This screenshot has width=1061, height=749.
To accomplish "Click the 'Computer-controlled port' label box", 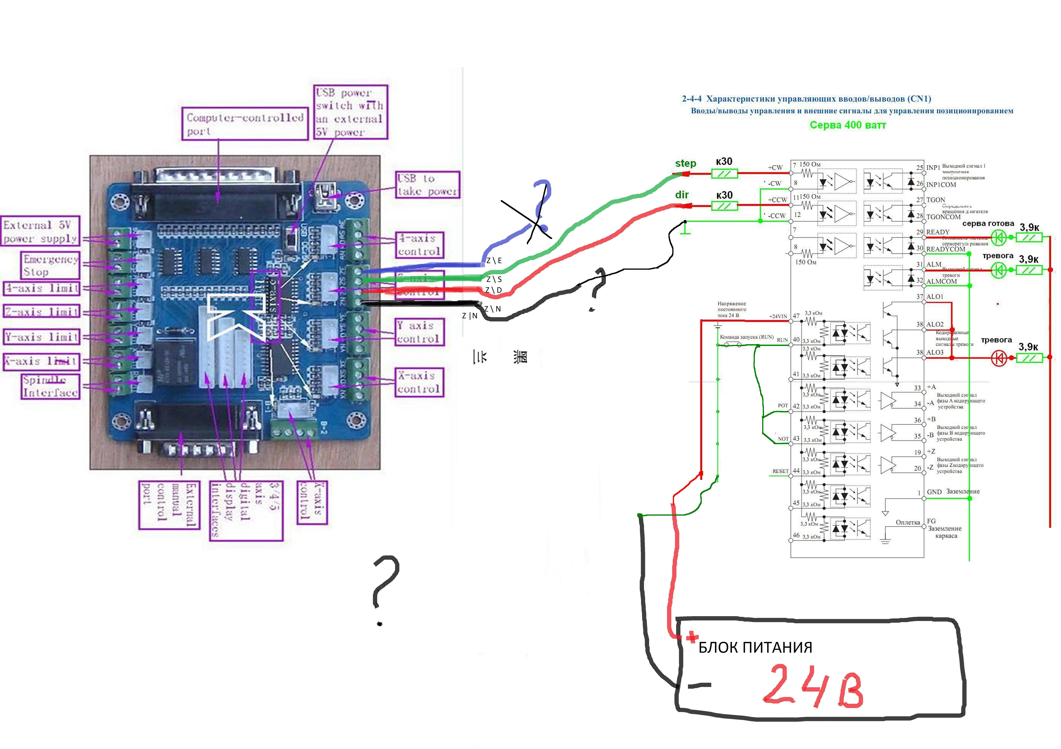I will point(245,124).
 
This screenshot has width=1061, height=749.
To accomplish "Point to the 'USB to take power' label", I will point(427,185).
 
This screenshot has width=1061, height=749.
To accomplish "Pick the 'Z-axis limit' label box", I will point(42,312).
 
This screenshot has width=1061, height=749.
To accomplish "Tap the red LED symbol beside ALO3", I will point(999,358).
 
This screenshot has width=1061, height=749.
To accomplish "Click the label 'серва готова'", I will point(988,224).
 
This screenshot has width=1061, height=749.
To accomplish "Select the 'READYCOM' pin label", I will point(946,249).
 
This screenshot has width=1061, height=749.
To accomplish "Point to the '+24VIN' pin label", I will point(778,316).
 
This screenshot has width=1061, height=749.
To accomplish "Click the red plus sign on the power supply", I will point(692,638).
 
